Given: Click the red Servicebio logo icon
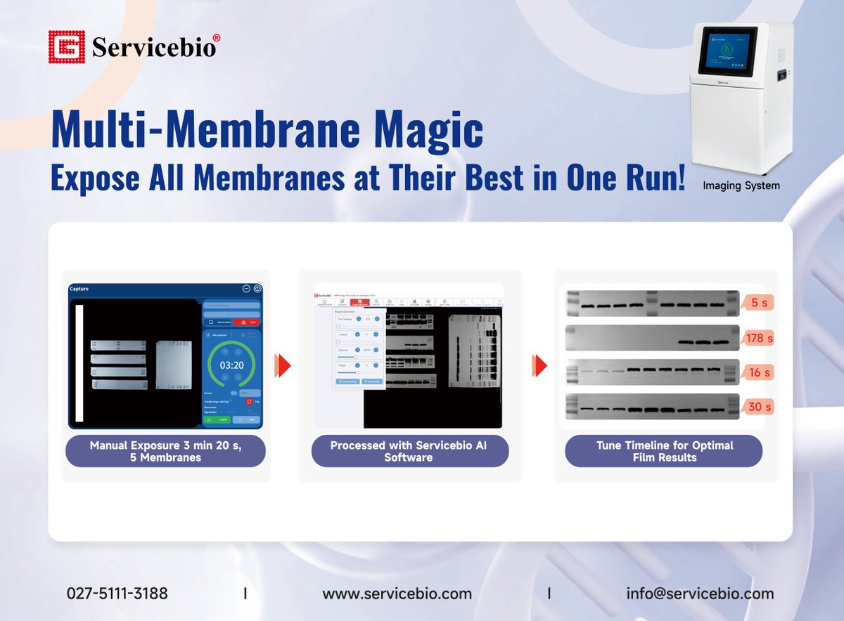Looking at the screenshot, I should click(x=66, y=47).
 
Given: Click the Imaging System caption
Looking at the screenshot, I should click(x=741, y=186).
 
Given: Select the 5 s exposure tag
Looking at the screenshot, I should click(x=758, y=302).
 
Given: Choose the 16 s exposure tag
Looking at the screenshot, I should click(x=758, y=372).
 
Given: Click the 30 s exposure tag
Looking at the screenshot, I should click(x=758, y=407).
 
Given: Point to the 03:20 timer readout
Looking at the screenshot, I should click(x=231, y=365).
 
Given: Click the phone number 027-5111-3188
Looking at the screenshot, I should click(x=117, y=594).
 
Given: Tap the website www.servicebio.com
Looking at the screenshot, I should click(x=397, y=594).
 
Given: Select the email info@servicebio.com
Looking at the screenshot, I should click(x=700, y=594).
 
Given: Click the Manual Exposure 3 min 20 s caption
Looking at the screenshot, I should click(x=165, y=451).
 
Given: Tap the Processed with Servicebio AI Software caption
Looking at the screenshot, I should click(x=409, y=451).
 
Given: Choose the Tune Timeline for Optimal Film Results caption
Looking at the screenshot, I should click(x=664, y=451).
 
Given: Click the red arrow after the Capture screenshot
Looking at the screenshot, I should click(x=283, y=365).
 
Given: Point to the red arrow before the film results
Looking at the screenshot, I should click(x=539, y=365).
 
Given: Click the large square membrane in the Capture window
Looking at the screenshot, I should click(x=172, y=365).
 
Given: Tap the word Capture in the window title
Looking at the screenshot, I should click(x=79, y=289).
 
